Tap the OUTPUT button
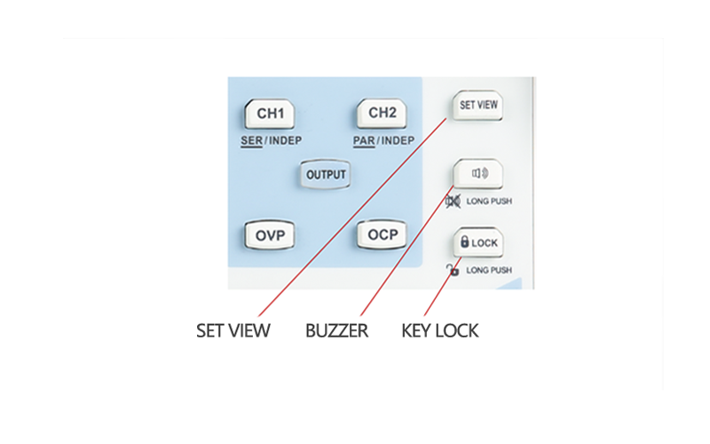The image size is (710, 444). [x=325, y=174]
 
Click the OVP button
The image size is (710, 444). [x=270, y=235]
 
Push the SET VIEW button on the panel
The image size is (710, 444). [x=478, y=105]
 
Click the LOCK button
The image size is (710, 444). [x=478, y=242]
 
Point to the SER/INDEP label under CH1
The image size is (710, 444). [x=270, y=140]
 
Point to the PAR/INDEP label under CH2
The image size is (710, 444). [x=383, y=140]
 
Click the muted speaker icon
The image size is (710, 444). [x=453, y=202]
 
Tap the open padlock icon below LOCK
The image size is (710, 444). [x=453, y=269]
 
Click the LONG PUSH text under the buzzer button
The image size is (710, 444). [x=489, y=202]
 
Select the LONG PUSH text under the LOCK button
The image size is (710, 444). [x=489, y=269]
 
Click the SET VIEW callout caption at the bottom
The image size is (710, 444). [x=233, y=331]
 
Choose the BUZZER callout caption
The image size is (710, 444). [x=336, y=331]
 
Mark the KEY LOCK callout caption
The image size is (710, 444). [x=440, y=331]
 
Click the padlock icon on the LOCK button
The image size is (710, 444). [x=464, y=242]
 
